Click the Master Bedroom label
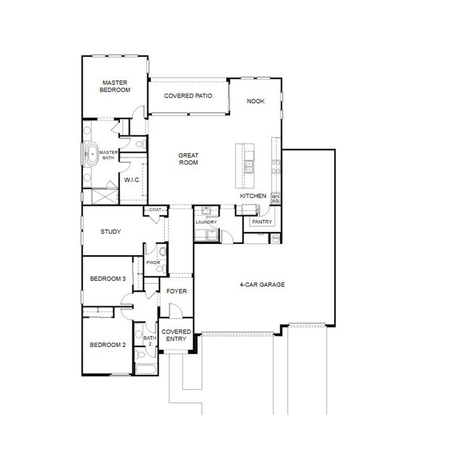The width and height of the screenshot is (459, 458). point(115,86)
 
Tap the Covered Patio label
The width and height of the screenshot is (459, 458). point(188,96)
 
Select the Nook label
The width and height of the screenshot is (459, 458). point(255,101)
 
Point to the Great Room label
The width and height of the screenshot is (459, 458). point(188,159)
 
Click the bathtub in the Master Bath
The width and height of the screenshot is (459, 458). point(93,154)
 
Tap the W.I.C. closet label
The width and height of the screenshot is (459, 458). point(132,180)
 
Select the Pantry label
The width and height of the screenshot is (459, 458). point(262,222)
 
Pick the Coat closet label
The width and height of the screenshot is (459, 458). point(155,210)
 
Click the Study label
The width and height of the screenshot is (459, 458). point(110,232)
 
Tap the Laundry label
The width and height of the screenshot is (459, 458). point(206,222)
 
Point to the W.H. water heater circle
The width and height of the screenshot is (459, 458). point(275,238)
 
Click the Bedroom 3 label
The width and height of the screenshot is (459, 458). point(108,279)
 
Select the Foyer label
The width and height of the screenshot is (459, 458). point(176,291)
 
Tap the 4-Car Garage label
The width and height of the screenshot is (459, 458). point(262,285)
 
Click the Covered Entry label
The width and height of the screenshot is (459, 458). point(176,335)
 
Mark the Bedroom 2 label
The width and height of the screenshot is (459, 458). point(108,345)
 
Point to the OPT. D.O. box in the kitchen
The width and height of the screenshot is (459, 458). point(275,199)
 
